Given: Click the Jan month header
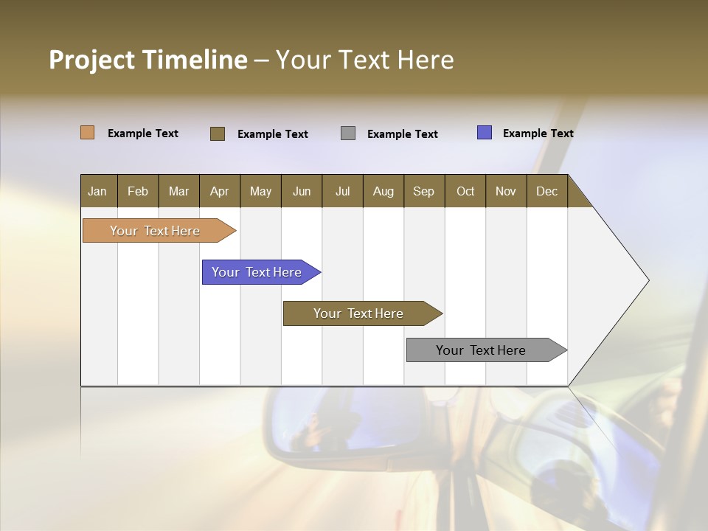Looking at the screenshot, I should coord(97,191).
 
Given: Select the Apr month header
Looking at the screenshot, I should coord(219,191).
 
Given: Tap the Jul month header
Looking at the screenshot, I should coord(342,191).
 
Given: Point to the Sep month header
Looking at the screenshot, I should coord(423,191).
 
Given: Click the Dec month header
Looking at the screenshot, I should coord(546,191).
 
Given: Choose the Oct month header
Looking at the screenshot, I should coord(465,191).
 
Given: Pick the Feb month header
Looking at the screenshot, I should coord(138,191).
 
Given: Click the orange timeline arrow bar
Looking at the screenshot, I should coord(155,231).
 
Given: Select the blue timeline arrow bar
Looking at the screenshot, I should coord(257,272).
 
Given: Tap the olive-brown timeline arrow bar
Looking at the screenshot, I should coord(358,313).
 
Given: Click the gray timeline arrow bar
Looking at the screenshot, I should coord(481,350).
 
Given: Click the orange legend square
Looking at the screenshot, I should coord(87,133).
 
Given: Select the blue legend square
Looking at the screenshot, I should coord(485,133).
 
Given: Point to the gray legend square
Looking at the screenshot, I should coord(348,133).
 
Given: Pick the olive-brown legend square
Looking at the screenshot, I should coord(218,133).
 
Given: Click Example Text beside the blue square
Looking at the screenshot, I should coord(538,133).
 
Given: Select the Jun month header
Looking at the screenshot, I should coord(302,191).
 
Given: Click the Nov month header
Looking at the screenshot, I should coord(505,191).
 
